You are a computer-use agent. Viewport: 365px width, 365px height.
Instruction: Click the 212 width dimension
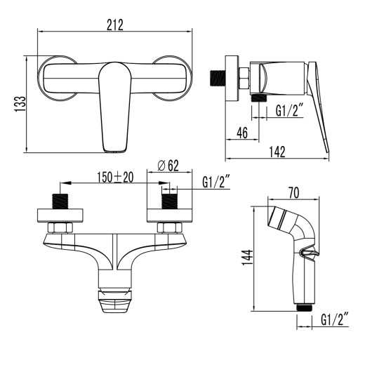tap(115, 25)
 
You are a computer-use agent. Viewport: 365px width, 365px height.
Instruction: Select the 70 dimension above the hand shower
tap(293, 190)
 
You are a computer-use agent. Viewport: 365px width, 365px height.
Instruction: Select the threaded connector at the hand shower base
tap(304, 307)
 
